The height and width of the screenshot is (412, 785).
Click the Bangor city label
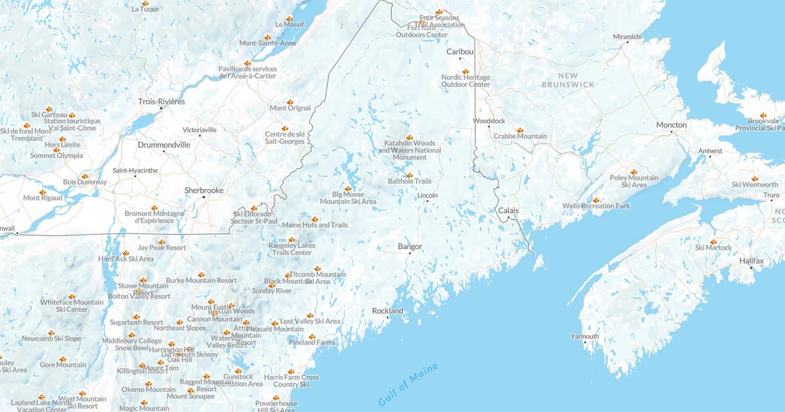(410, 247)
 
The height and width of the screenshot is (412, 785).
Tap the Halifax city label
(752, 260)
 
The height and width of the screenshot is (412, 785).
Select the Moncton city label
(672, 125)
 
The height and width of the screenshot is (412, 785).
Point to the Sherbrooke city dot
(203, 197)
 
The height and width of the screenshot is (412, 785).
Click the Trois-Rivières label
(162, 101)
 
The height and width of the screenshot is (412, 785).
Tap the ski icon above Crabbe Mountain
(520, 129)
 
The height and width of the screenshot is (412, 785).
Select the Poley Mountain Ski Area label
(634, 181)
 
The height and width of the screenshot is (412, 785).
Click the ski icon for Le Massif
(289, 18)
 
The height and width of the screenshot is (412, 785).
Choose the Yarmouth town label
(585, 336)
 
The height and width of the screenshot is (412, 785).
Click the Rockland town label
(387, 311)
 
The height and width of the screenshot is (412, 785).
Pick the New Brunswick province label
(568, 80)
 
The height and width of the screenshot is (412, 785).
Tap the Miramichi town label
(627, 36)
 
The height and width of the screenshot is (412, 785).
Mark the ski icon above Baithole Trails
(410, 175)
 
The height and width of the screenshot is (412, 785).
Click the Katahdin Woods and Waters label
(410, 150)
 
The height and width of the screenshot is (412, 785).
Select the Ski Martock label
(713, 247)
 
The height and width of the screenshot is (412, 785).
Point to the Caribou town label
(459, 51)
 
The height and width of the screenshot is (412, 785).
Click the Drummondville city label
(164, 145)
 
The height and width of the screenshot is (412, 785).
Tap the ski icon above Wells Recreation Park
(596, 199)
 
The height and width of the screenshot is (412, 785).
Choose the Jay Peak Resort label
(162, 248)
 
